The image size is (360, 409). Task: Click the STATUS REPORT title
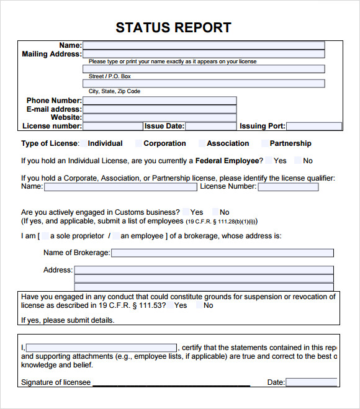[x=173, y=27]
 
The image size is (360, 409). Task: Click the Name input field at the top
[x=204, y=45]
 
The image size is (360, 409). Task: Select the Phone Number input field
[x=160, y=101]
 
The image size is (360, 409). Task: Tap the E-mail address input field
[x=160, y=109]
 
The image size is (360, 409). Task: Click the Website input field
[x=160, y=117]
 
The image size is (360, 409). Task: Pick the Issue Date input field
[x=210, y=126]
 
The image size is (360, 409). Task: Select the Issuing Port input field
[x=313, y=126]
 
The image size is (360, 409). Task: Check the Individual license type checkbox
[x=83, y=143]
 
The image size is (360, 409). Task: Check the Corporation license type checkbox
[x=138, y=143]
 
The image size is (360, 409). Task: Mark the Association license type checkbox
[x=202, y=143]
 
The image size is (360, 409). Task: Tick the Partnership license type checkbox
[x=265, y=143]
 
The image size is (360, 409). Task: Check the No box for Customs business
[x=215, y=212]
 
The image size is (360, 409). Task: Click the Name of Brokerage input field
[x=222, y=253]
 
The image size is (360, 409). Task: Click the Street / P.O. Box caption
[x=109, y=76]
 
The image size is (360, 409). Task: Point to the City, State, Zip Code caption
[x=114, y=91]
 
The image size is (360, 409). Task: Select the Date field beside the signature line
[x=311, y=382]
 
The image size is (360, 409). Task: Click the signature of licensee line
[x=171, y=383]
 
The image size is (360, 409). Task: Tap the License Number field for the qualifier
[x=288, y=187]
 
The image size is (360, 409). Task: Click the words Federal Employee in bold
[x=227, y=161]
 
